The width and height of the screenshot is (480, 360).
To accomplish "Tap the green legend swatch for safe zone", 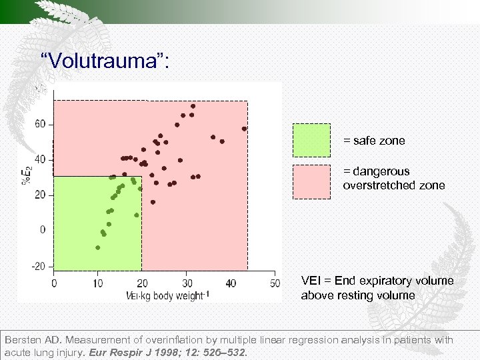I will tap(311, 141).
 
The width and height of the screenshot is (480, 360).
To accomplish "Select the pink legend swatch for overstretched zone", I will tap(311, 182).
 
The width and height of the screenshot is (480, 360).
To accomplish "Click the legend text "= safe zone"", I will tap(373, 141).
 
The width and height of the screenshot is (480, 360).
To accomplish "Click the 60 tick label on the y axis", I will tap(40, 124).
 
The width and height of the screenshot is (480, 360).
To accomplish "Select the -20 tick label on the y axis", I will tap(39, 266).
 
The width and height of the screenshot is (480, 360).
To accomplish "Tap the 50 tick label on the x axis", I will tap(275, 283).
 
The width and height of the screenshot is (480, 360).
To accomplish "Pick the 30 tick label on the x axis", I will tap(186, 283).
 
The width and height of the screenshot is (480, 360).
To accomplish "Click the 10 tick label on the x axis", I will tap(97, 283).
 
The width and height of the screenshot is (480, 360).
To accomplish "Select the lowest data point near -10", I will tap(98, 247).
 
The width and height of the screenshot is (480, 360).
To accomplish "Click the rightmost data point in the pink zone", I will tap(244, 129).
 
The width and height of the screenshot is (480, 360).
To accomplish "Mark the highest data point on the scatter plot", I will tap(193, 106).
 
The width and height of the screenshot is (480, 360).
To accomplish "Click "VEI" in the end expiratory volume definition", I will tap(311, 281).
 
